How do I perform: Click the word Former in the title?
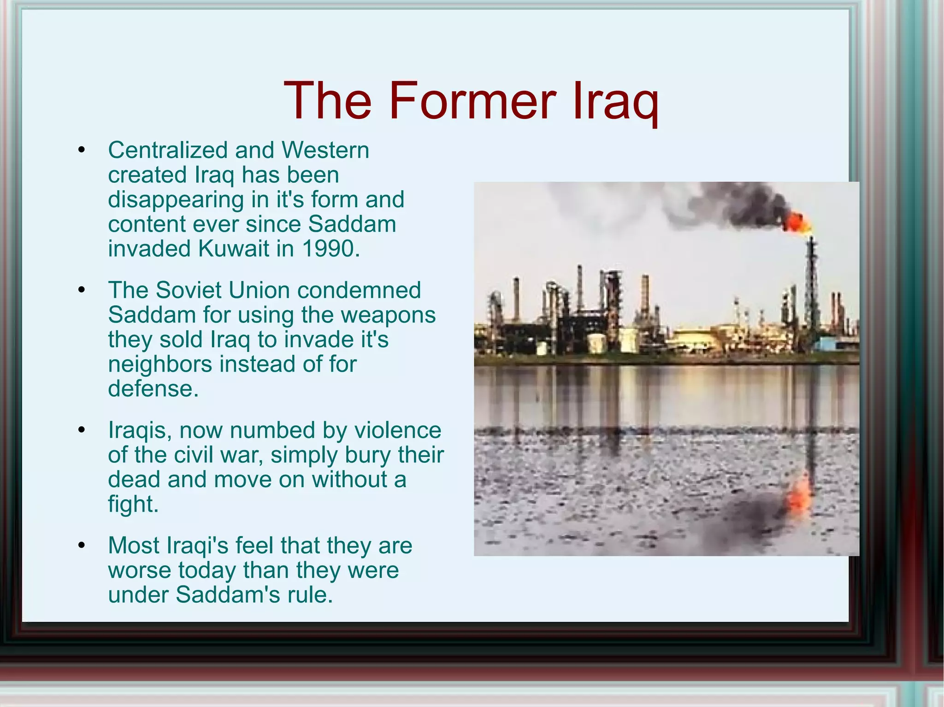point(472,100)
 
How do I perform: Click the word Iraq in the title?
point(615,102)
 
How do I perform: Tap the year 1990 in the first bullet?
point(330,249)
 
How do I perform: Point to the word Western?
point(325,150)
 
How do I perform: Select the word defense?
point(153,389)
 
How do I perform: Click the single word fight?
point(133,504)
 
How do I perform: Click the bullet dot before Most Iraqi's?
point(82,545)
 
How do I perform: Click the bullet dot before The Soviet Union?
point(82,290)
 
